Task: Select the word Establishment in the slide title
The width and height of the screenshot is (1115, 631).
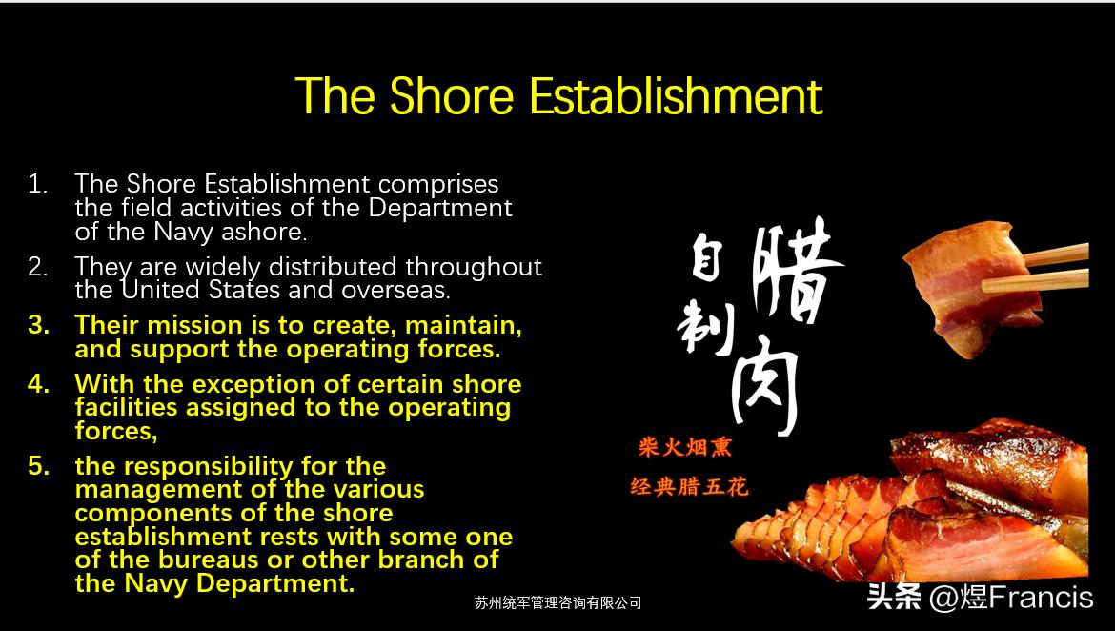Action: pyautogui.click(x=676, y=96)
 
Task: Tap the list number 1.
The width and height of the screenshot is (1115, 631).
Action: pyautogui.click(x=37, y=184)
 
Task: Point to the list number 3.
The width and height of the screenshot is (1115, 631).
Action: pyautogui.click(x=38, y=325)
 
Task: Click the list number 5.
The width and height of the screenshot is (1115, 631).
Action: pyautogui.click(x=38, y=466)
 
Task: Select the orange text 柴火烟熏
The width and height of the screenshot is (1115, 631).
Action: pyautogui.click(x=685, y=447)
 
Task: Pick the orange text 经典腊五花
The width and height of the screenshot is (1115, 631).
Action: pyautogui.click(x=689, y=487)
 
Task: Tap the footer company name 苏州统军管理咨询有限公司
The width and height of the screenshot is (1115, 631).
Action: pyautogui.click(x=557, y=602)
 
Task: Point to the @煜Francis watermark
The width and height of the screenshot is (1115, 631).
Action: pyautogui.click(x=1010, y=598)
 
